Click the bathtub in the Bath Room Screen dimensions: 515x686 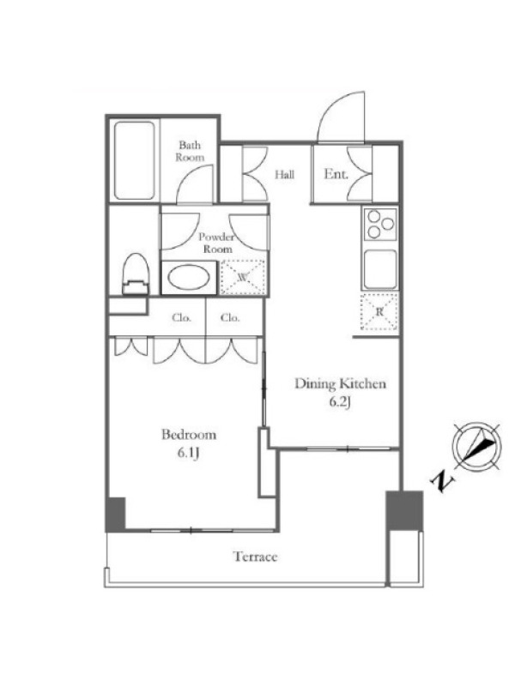coord(135,160)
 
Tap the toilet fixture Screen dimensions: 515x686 coord(136,274)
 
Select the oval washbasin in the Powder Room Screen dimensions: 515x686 coord(189,277)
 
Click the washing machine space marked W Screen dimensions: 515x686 coord(243,277)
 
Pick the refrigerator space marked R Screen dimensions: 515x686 coord(379,311)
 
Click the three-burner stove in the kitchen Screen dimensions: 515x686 coord(380,224)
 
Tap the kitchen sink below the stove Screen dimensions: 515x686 coord(380,269)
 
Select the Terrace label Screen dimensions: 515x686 coord(255,557)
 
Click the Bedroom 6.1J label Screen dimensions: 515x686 coord(189,443)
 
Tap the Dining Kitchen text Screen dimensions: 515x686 coord(340,383)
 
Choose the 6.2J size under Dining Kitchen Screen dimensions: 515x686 coord(340,402)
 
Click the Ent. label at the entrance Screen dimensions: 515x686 coord(336,174)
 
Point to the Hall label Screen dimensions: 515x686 coord(285,175)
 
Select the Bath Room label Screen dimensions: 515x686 coord(190,151)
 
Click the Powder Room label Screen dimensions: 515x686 coord(216,243)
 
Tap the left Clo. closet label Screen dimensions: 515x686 coord(181,318)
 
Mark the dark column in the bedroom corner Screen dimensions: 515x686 coord(116,514)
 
